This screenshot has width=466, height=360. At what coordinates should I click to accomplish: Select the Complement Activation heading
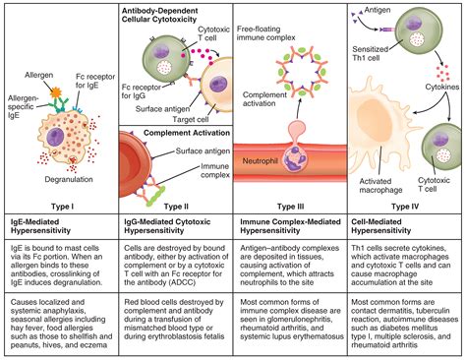[179, 130]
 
